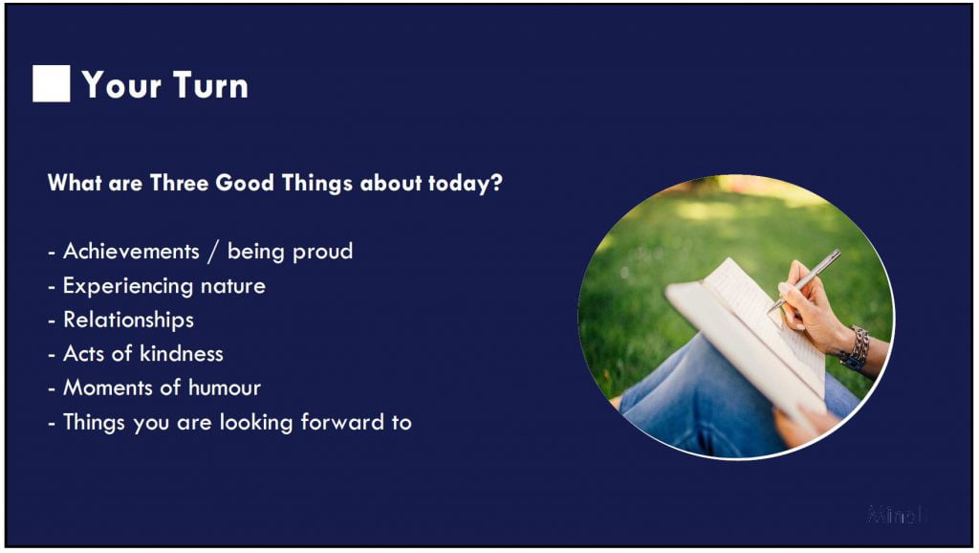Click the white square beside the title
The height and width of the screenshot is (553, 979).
52,84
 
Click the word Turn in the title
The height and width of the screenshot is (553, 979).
210,85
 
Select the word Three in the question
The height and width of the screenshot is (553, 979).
180,183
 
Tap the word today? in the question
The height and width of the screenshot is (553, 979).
466,184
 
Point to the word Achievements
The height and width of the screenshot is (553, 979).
131,252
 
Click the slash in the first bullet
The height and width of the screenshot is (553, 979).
213,252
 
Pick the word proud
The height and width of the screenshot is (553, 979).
322,252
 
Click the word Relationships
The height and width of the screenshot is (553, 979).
129,320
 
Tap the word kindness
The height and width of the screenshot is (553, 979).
181,354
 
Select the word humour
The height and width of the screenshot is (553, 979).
224,388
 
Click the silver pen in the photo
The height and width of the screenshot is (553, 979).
804,280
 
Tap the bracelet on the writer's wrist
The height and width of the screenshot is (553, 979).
856,348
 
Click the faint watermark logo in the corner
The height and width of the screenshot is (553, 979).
897,515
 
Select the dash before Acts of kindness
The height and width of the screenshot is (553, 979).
52,355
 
